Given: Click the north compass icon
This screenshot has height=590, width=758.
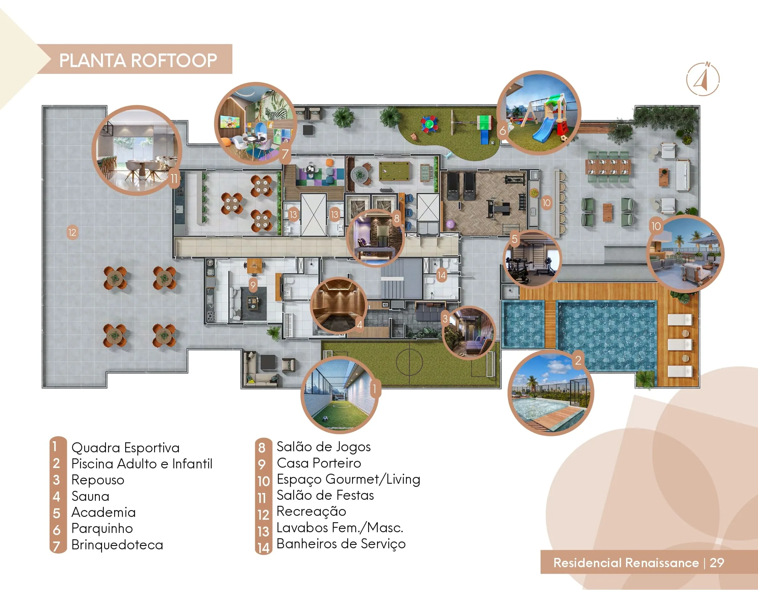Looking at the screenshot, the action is click(702, 79).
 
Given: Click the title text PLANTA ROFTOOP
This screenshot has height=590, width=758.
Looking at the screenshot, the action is click(138, 60).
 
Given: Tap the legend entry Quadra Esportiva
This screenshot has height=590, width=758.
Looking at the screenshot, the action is click(125, 448).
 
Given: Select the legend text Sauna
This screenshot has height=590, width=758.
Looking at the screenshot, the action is click(90, 496).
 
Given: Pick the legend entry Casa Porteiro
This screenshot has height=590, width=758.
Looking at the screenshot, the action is click(319, 463).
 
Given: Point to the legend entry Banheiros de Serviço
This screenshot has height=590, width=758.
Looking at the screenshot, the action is click(341, 544).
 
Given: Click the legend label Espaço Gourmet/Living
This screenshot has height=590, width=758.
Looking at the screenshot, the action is click(349, 479).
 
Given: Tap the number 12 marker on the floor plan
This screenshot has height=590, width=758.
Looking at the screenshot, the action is click(72, 233).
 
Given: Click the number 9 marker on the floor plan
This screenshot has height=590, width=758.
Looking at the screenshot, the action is click(253, 285).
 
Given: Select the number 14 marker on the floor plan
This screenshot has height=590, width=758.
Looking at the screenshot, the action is click(442, 275).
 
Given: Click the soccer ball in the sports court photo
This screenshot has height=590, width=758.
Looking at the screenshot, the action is click(325, 418).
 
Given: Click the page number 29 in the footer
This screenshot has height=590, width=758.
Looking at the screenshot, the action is click(717, 563).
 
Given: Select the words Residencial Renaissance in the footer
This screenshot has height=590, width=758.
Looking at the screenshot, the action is click(626, 563).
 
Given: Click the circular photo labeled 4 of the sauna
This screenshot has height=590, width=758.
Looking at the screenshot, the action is click(339, 305).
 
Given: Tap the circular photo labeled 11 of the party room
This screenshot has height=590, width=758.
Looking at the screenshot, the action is click(137, 150).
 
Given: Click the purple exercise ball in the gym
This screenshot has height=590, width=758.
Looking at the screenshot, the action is click(450, 224).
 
